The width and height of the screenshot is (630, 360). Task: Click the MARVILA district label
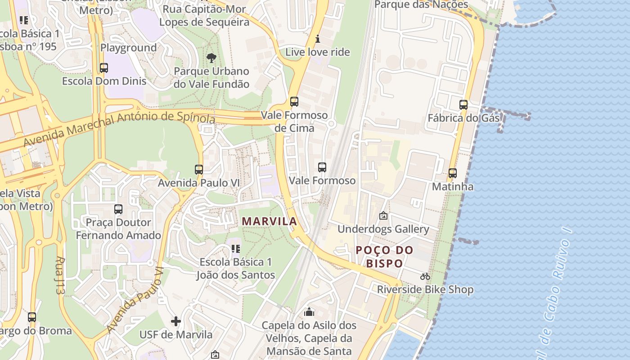coord(270,221)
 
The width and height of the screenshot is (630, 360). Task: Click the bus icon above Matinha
coord(452,173)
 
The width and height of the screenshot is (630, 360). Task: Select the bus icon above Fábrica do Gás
coord(463,105)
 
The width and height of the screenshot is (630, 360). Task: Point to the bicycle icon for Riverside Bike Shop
coord(425,276)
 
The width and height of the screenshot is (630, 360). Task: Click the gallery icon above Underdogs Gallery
coord(383,216)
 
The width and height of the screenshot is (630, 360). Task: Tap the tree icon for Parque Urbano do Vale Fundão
coord(211,58)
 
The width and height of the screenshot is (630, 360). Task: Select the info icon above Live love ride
coord(317,39)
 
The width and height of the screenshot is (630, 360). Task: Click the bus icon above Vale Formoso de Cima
coord(294,102)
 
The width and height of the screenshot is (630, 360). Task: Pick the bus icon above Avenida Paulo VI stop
coord(198,170)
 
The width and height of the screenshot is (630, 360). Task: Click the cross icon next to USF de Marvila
coord(176,321)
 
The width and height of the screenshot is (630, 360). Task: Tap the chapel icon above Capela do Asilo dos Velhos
coord(309,311)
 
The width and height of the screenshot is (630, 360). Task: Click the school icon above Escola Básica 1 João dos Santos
coord(236,248)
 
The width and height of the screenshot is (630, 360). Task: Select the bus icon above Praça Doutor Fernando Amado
coord(118,209)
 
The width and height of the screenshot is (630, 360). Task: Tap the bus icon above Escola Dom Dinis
coord(103,68)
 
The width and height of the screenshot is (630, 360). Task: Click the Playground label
coord(128,47)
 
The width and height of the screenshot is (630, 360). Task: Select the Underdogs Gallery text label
coord(383,229)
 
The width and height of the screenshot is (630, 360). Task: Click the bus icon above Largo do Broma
coord(31,317)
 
